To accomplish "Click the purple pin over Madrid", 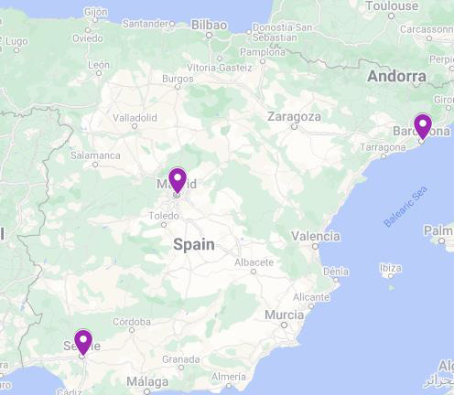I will (178, 179).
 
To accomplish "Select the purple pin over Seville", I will (83, 341).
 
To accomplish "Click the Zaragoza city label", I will (294, 117).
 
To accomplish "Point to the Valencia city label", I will (315, 236).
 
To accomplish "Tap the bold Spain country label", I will (194, 244).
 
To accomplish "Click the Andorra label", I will (396, 77).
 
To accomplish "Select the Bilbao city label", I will (209, 25).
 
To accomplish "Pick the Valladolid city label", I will (134, 118).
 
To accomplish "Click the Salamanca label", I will (95, 155).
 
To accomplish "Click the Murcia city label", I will (283, 315).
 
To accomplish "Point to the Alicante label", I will (312, 297).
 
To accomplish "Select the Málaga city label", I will (147, 381).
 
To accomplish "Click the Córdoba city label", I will (133, 322).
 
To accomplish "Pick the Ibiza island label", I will (390, 268).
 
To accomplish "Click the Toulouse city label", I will (391, 6).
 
